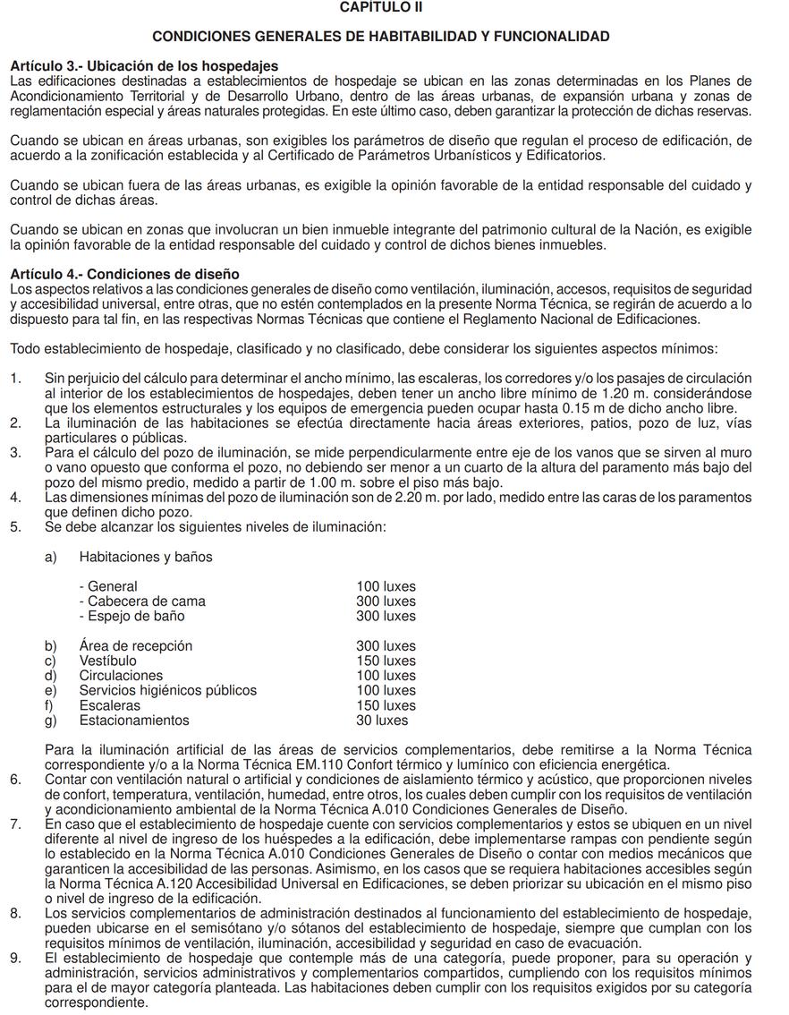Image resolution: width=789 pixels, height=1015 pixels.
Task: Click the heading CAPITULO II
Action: click(381, 7)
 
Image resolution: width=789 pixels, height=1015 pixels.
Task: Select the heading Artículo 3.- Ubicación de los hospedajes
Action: click(144, 66)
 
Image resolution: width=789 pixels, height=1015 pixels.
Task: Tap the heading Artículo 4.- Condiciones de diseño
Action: click(124, 273)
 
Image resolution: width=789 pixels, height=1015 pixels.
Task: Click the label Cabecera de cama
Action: click(142, 601)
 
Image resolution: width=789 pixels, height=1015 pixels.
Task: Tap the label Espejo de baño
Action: click(131, 616)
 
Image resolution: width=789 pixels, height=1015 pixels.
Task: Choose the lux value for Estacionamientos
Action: click(382, 720)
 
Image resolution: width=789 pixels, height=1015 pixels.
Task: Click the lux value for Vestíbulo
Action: click(386, 661)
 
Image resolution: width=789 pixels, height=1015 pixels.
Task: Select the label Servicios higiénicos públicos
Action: click(168, 690)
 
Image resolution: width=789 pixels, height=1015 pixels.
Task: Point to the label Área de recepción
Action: click(136, 645)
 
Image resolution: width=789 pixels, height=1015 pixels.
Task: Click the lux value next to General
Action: click(386, 586)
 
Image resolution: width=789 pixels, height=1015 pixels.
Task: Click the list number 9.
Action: click(15, 958)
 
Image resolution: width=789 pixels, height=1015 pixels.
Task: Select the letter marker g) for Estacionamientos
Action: click(51, 720)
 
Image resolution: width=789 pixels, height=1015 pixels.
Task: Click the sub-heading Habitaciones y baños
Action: click(146, 557)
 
